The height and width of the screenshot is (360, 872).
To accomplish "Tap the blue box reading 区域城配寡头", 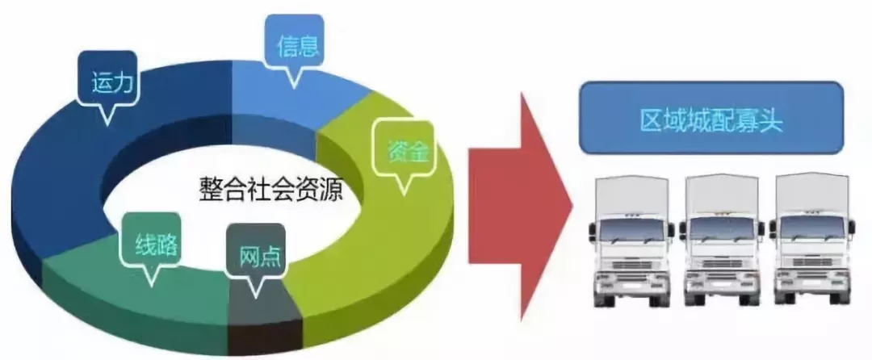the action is coord(711,118).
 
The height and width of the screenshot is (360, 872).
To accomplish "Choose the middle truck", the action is coord(722,240).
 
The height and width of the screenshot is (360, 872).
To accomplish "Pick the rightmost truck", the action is coord(812,239).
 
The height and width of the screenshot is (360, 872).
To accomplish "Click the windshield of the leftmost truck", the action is coord(631,230).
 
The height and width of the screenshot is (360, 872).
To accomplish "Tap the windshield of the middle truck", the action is coord(721,229).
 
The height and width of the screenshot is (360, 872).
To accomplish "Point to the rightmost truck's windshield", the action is coord(812,228).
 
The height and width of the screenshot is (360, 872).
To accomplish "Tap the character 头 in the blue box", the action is coord(769,120).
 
